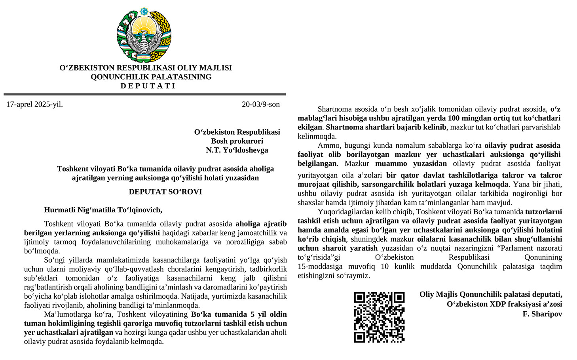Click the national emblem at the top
point(144,35)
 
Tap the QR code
point(379,317)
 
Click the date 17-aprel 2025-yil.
point(34,105)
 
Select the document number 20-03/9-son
point(261,105)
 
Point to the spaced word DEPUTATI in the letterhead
point(148,86)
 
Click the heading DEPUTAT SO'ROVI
point(165,192)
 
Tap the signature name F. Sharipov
point(542,314)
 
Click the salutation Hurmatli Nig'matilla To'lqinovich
point(103,210)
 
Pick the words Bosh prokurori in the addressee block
point(237,141)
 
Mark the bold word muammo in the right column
point(388,164)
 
